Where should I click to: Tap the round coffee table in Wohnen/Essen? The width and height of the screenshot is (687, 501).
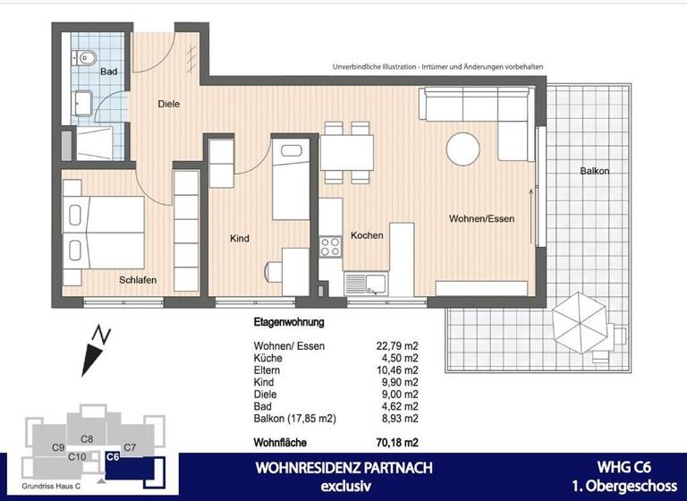(x=464, y=148)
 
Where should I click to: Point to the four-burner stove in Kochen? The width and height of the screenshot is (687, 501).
(x=332, y=246)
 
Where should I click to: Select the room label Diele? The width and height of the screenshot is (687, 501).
(x=168, y=104)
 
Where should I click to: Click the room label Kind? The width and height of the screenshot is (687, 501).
(x=239, y=239)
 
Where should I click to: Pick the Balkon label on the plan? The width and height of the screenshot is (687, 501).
(x=595, y=170)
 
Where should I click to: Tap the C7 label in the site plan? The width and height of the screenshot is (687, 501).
(x=130, y=446)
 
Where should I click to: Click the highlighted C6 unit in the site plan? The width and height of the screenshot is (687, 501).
(x=113, y=456)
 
